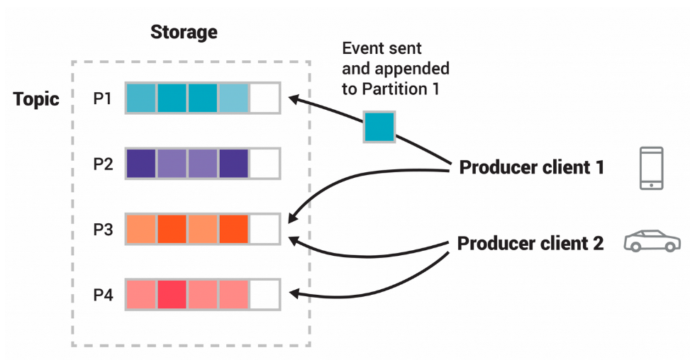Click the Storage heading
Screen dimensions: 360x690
[x=184, y=33]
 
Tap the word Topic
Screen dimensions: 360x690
[x=36, y=99]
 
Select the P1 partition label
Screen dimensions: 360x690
[x=103, y=99]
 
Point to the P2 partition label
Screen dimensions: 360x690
[x=103, y=163]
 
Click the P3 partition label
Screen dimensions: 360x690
[x=103, y=229]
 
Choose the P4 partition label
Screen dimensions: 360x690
[x=103, y=294]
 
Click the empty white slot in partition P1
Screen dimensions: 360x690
[x=265, y=99]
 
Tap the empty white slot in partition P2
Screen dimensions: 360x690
[x=265, y=163]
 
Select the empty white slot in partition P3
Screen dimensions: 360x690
[x=265, y=229]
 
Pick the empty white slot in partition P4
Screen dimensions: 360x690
[x=265, y=294]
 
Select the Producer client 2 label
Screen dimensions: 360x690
[x=530, y=244]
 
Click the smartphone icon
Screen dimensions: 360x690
[x=651, y=168]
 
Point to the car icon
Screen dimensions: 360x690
[x=652, y=242]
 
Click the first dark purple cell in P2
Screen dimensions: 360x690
[x=141, y=163]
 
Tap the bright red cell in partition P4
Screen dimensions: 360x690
[x=172, y=294]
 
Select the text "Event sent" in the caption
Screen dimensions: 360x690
[x=382, y=49]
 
